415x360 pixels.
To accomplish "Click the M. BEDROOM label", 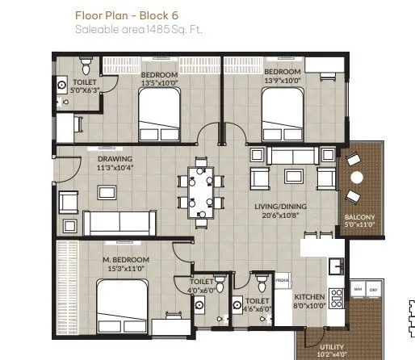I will pyautogui.click(x=123, y=259).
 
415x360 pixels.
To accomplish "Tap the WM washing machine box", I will pyautogui.click(x=358, y=289).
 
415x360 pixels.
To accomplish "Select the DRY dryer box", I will pyautogui.click(x=374, y=289).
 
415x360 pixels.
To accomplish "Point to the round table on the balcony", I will pyautogui.click(x=357, y=178).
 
